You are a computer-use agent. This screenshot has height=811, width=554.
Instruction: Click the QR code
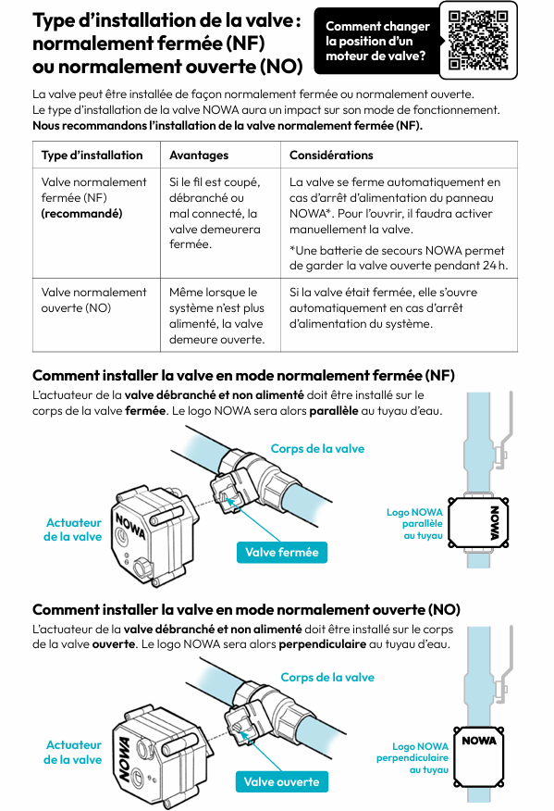pyautogui.click(x=478, y=41)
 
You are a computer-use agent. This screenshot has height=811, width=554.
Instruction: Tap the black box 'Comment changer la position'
pyautogui.click(x=377, y=41)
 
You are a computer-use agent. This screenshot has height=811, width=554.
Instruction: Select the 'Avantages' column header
pyautogui.click(x=199, y=156)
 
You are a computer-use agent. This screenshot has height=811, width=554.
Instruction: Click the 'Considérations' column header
pyautogui.click(x=331, y=156)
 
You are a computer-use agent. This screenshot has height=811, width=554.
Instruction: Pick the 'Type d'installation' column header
pyautogui.click(x=92, y=156)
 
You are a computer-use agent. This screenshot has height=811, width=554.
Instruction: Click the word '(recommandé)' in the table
pyautogui.click(x=81, y=214)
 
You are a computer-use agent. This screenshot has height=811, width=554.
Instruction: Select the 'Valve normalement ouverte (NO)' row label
pyautogui.click(x=94, y=300)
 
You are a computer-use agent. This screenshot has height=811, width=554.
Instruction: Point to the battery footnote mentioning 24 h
pyautogui.click(x=399, y=258)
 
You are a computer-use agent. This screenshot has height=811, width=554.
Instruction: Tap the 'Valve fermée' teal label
pyautogui.click(x=282, y=553)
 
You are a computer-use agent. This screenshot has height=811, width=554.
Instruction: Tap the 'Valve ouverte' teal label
pyautogui.click(x=282, y=781)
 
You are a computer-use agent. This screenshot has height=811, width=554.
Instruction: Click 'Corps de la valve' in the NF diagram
pyautogui.click(x=317, y=448)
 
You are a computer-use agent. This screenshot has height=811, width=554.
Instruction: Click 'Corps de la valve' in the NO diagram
pyautogui.click(x=327, y=677)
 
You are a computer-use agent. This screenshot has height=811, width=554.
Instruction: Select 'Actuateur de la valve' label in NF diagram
pyautogui.click(x=73, y=530)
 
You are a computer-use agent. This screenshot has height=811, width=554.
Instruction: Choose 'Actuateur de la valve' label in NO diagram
pyautogui.click(x=73, y=752)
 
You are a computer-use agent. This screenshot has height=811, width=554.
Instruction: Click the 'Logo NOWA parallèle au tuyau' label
pyautogui.click(x=414, y=524)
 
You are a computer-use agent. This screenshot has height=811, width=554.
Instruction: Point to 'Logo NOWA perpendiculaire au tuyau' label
pyautogui.click(x=412, y=757)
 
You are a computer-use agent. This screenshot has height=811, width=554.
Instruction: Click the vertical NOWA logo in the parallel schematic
pyautogui.click(x=494, y=523)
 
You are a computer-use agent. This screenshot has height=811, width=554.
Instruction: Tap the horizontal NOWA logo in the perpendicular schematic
pyautogui.click(x=479, y=741)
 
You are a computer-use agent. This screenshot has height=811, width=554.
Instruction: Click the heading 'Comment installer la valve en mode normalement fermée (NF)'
pyautogui.click(x=243, y=376)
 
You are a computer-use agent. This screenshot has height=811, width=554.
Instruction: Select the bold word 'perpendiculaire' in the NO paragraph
pyautogui.click(x=323, y=644)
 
